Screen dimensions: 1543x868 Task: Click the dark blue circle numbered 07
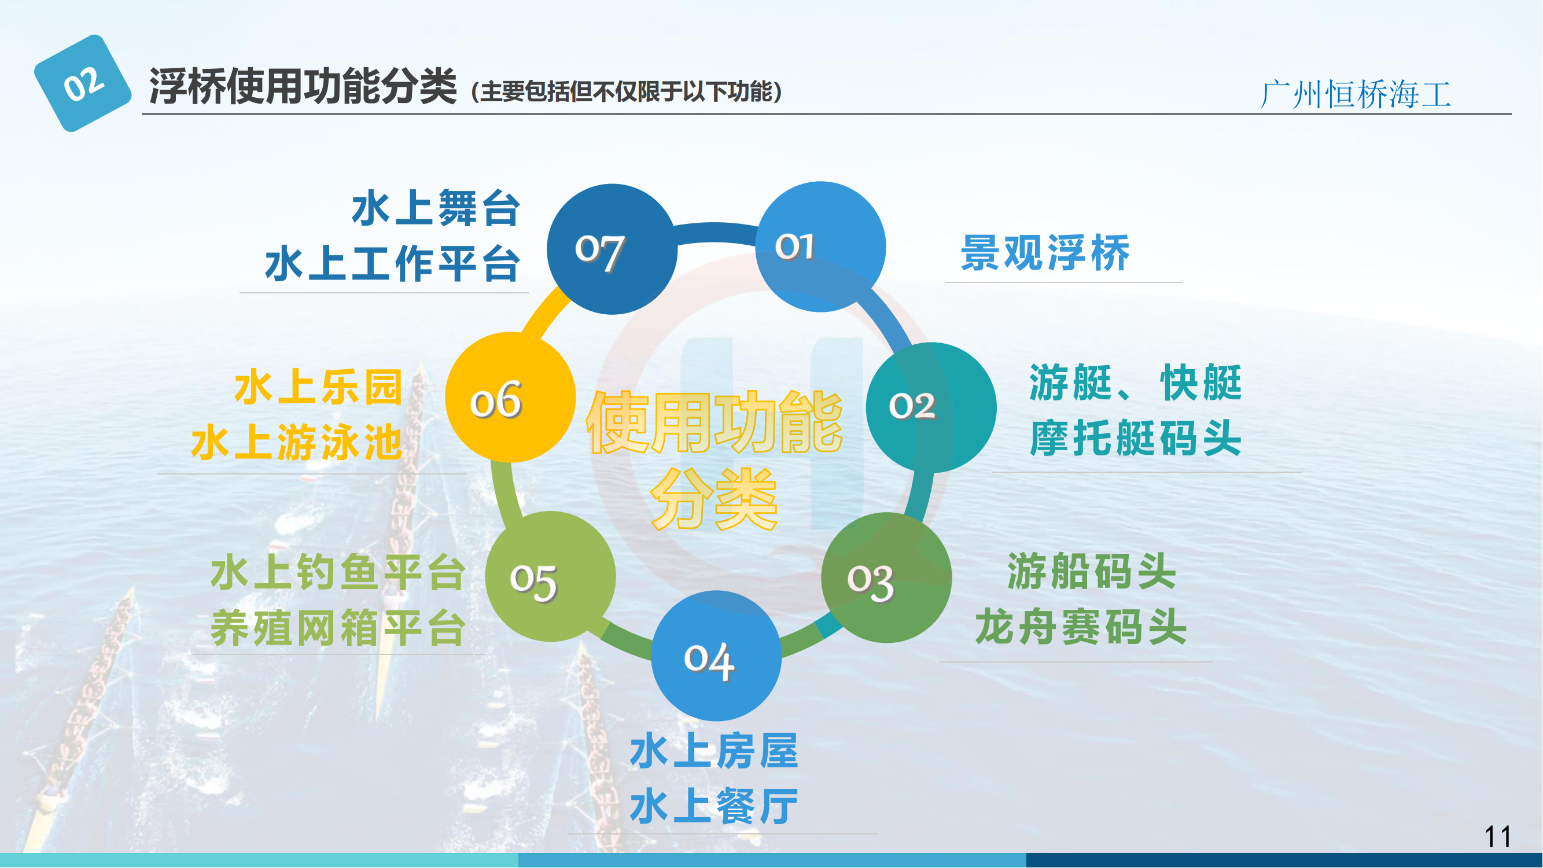[x=612, y=249]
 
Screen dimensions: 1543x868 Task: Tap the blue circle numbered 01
[x=820, y=247]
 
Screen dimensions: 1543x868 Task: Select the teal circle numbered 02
[x=931, y=408]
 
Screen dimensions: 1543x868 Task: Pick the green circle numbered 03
[x=886, y=578]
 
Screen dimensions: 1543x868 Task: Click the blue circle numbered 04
[x=716, y=656]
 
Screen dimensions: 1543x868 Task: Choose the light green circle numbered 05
[x=550, y=577]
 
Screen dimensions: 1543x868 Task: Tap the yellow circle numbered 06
[x=510, y=398]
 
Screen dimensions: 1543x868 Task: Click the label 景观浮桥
[x=1046, y=253]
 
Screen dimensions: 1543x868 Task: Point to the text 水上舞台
[x=436, y=208]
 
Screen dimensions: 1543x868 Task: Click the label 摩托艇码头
[x=1136, y=439]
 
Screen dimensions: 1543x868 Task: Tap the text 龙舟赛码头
[x=1081, y=627]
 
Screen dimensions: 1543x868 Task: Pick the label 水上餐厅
[x=715, y=806]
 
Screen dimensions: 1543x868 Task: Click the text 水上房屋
[x=715, y=751]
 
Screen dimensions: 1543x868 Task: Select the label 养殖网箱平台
[x=338, y=628]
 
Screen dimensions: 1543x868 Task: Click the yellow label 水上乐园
[x=319, y=388]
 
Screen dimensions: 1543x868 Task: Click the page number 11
[x=1498, y=837]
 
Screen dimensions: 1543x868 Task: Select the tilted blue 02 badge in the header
[x=83, y=83]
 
